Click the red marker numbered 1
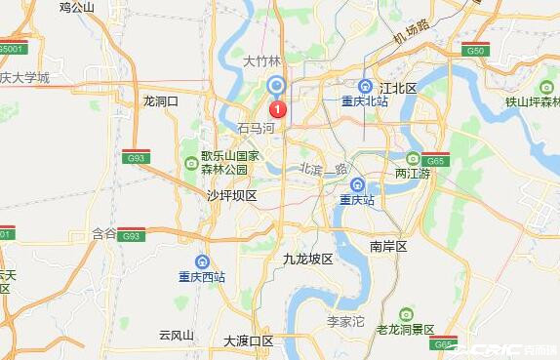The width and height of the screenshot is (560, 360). pos(277,108)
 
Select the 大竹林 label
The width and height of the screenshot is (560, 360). pos(261,60)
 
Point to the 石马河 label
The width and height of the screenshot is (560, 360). pos(258,128)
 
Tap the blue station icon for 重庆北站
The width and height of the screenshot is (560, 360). pos(366,86)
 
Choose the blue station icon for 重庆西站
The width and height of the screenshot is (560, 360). pos(202,260)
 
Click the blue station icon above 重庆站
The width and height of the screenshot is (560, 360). pos(357,184)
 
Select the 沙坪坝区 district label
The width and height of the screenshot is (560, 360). pos(231,195)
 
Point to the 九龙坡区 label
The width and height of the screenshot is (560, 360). pos(307,259)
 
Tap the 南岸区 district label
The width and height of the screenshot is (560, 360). pos(388,246)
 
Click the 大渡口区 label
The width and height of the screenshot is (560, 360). pos(248,340)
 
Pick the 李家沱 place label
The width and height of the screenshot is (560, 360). pos(344,319)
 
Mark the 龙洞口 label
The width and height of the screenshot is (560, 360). pos(161,100)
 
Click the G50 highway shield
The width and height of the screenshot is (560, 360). pos(475,50)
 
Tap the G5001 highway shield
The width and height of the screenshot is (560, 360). pos(11,48)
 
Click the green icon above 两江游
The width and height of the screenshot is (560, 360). pos(413,158)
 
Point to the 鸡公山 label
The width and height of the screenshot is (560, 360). pos(77,8)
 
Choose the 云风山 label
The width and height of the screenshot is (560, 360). pos(177,335)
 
